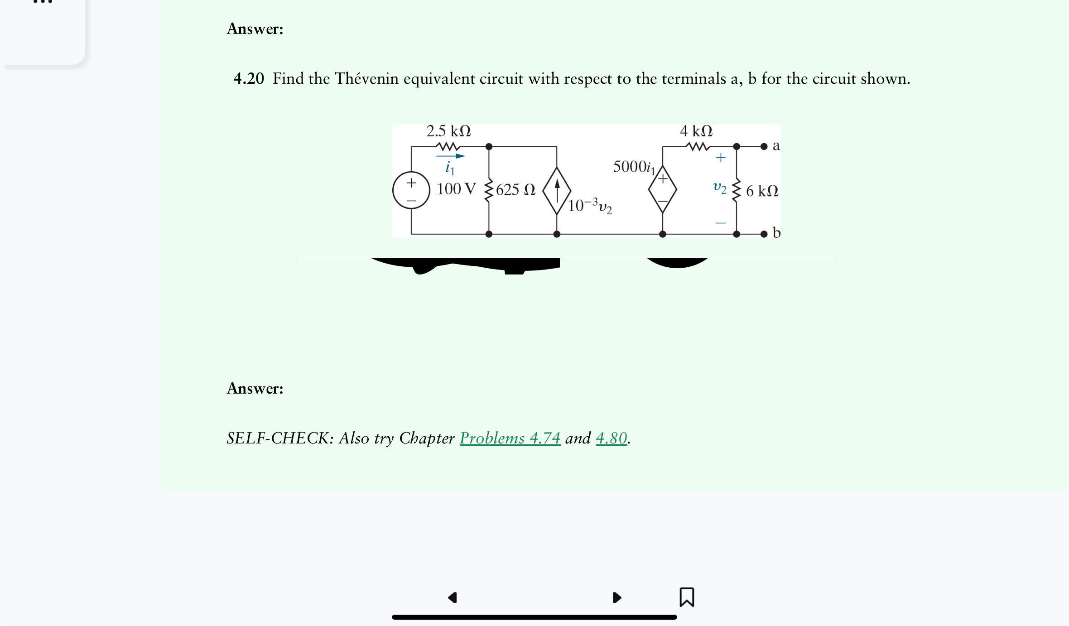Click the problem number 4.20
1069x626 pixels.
pos(248,79)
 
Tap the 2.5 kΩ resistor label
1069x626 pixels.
pos(448,131)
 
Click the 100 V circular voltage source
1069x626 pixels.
pos(411,190)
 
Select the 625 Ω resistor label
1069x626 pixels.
pos(515,190)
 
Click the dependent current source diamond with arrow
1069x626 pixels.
pos(557,190)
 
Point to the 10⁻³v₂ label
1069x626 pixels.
pos(590,206)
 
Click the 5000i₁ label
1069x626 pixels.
pos(634,167)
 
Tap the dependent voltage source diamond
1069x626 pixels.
pos(662,189)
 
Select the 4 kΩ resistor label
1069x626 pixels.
pos(696,131)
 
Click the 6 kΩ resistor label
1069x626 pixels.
pos(762,191)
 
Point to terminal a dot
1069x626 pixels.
pos(764,146)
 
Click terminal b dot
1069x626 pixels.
pos(764,234)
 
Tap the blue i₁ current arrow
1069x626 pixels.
pos(450,156)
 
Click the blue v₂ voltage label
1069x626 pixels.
pos(719,187)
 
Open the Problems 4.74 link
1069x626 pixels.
pos(510,438)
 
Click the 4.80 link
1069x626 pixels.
pos(611,438)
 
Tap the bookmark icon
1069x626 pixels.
pos(687,597)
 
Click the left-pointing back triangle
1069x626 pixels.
pos(453,597)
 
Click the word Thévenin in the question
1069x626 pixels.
pos(366,79)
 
